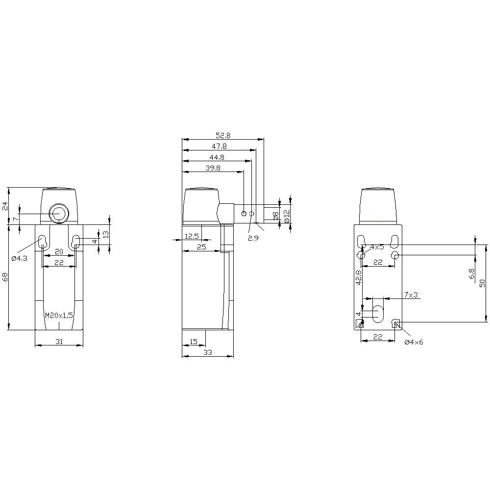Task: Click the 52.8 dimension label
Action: coord(223,136)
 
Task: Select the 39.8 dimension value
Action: coord(213,168)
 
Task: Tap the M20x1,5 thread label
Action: coord(59,316)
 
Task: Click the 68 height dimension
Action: coord(5,277)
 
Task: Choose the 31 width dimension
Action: coord(59,342)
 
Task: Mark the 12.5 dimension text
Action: coord(192,236)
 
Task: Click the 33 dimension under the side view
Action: coord(207,352)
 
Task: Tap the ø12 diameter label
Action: coord(287,214)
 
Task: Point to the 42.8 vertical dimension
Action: coord(358,277)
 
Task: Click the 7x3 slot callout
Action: coord(411,294)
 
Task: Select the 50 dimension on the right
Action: coord(482,283)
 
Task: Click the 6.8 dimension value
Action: coord(471,274)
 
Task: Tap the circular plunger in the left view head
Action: coord(58,214)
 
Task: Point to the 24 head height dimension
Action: coord(5,206)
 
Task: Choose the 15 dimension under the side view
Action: coord(193,342)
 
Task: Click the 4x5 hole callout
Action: coord(377,247)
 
